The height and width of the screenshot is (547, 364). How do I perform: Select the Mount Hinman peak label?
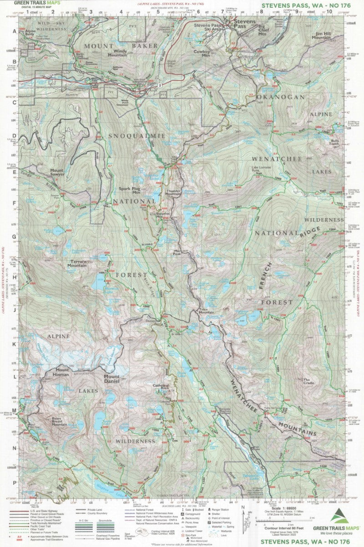coord(60,372)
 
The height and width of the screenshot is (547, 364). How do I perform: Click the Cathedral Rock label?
coord(161,388)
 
